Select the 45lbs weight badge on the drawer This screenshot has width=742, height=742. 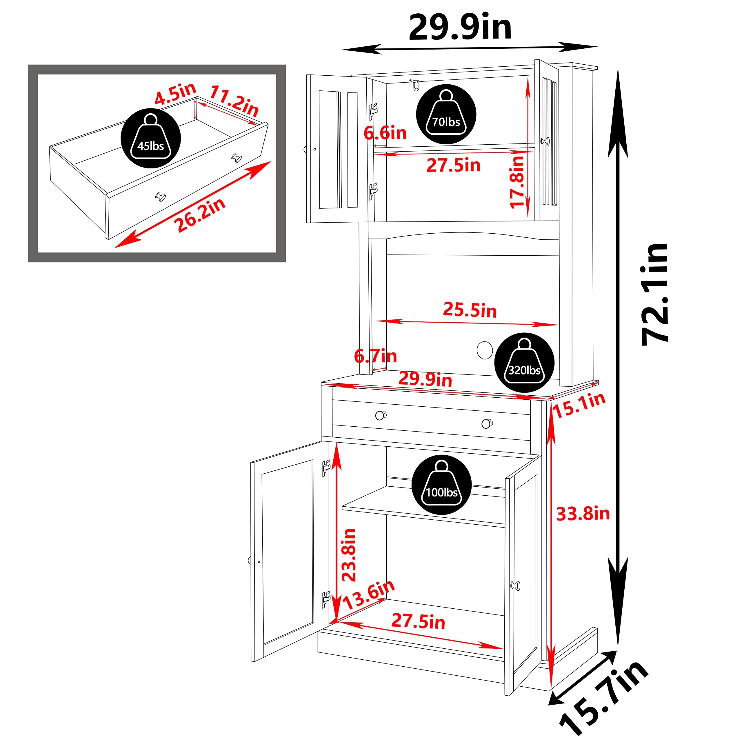[x=150, y=138]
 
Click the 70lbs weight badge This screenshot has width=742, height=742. [x=446, y=114]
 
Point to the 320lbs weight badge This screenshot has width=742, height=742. [x=524, y=363]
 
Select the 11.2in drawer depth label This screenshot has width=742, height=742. [x=234, y=101]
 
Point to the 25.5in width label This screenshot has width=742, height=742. [x=470, y=310]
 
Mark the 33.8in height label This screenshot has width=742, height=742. [x=583, y=514]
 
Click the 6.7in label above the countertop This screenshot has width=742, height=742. [x=375, y=356]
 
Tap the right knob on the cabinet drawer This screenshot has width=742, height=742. [x=487, y=424]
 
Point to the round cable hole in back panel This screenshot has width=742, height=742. [x=485, y=350]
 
